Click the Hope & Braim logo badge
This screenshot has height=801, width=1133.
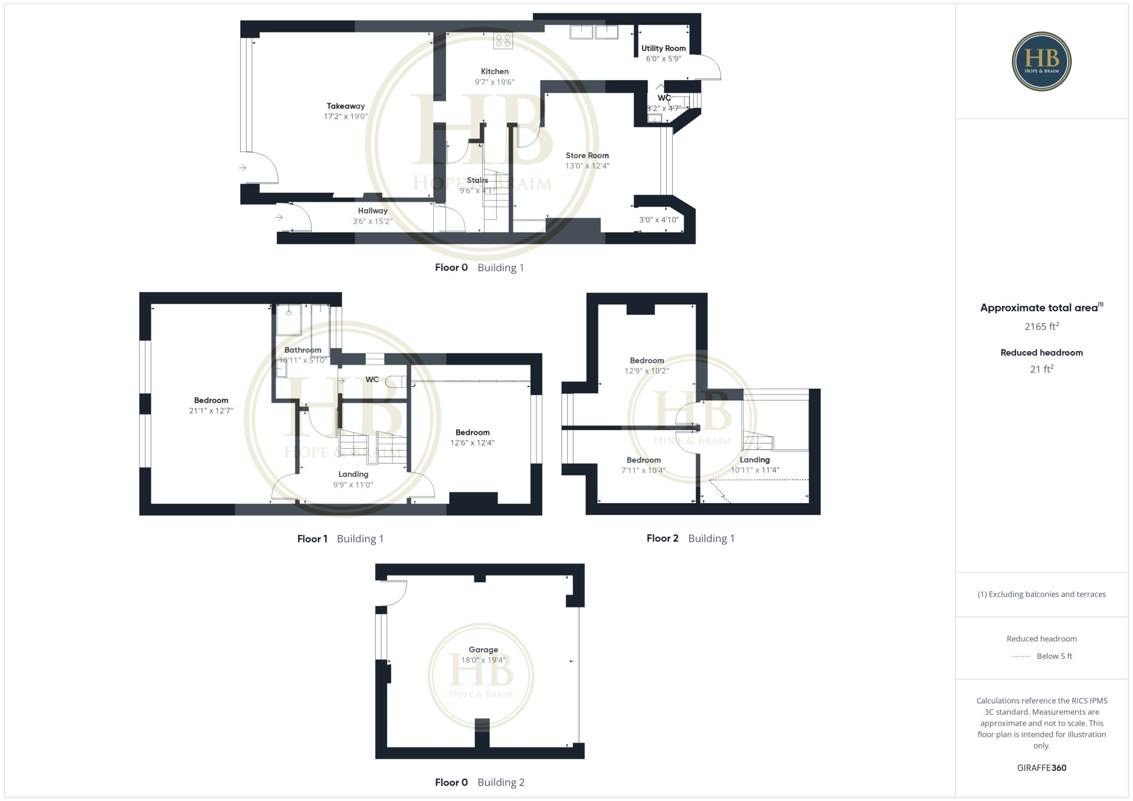click(x=1042, y=61)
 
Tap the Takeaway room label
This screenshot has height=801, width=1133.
click(x=346, y=106)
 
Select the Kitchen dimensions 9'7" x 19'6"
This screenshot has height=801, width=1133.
click(x=495, y=82)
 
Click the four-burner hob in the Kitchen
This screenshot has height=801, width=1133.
click(x=503, y=41)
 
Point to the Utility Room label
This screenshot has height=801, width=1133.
click(x=664, y=48)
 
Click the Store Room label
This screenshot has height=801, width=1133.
click(x=587, y=156)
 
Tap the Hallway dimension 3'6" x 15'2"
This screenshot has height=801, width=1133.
click(x=372, y=221)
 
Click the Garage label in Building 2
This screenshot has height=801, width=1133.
click(x=483, y=649)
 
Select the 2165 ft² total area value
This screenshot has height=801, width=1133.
click(x=1042, y=326)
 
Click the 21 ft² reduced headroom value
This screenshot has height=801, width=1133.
click(x=1042, y=369)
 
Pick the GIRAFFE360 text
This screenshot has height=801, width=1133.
click(x=1042, y=767)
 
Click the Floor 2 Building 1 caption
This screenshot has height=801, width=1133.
click(x=690, y=538)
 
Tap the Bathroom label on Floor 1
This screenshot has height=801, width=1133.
click(x=303, y=350)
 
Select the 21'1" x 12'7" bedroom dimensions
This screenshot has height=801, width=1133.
click(x=211, y=411)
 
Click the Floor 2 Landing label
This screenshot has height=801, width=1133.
click(x=755, y=459)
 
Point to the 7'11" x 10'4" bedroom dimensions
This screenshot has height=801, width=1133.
click(x=643, y=470)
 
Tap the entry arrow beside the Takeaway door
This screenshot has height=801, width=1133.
click(x=243, y=168)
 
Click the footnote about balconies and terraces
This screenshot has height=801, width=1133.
click(x=1042, y=594)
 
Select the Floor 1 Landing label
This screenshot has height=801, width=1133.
click(x=353, y=474)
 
